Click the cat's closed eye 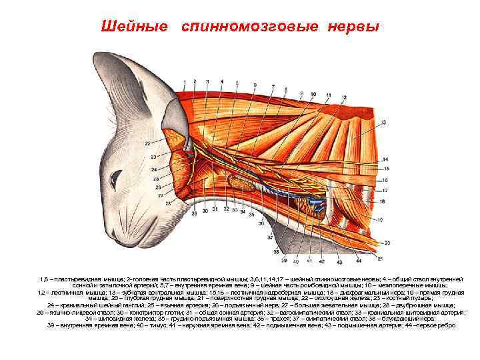[117, 179]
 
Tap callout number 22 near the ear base [146, 143]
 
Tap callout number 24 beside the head [154, 171]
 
